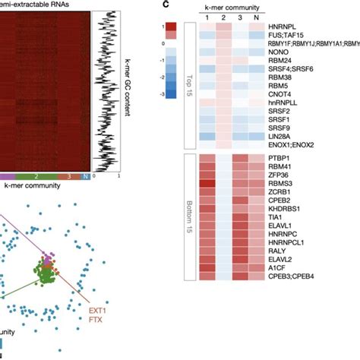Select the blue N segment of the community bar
(x=86, y=176)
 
